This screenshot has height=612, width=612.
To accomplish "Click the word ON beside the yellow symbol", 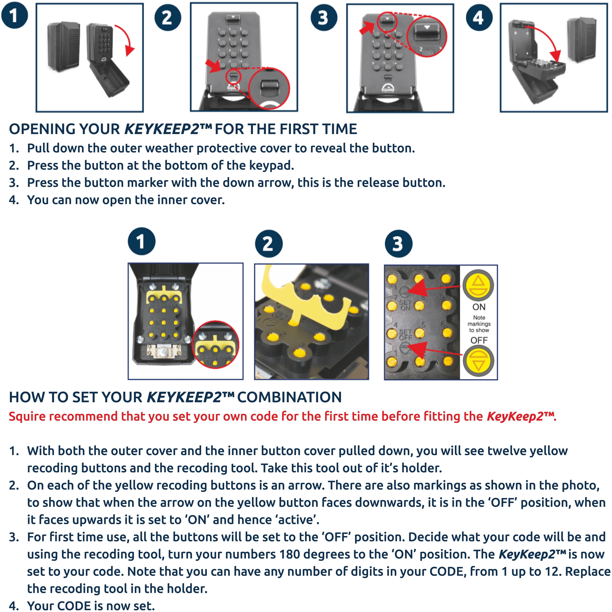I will (x=479, y=307).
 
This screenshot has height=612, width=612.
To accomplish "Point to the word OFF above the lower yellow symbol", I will (x=479, y=340).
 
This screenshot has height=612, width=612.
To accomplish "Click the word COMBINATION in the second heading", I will (x=289, y=397).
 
